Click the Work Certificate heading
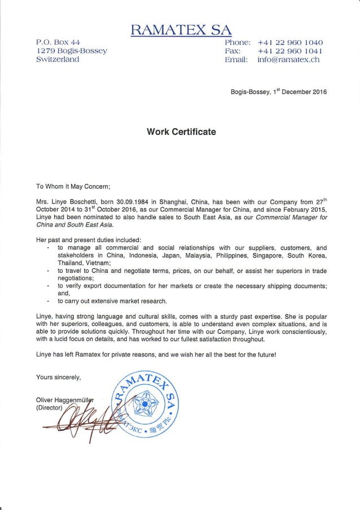click(181, 132)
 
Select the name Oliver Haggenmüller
click(72, 399)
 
